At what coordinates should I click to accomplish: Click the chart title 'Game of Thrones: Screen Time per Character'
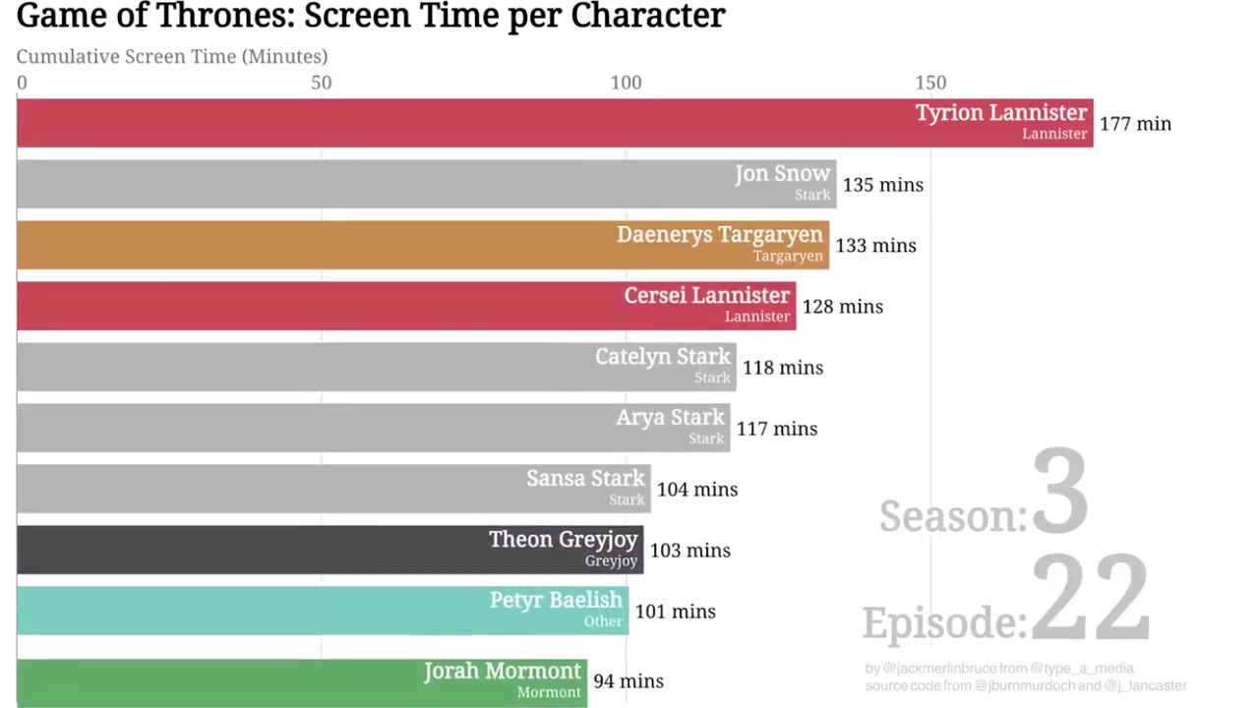point(371,16)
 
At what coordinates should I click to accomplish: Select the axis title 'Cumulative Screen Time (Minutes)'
point(172,57)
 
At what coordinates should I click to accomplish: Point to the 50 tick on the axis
point(322,83)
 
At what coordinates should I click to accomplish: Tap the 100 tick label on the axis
point(626,83)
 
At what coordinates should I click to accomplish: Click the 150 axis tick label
point(930,83)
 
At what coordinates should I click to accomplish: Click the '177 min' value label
point(1135,124)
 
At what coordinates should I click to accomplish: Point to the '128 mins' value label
point(842,307)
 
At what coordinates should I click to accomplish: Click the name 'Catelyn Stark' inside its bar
point(663,357)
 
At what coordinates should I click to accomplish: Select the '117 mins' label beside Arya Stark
point(776,429)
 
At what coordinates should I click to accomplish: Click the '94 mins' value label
point(628,681)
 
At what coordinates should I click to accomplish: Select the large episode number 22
point(1090,599)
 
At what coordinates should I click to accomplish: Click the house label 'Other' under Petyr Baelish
point(603,621)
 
